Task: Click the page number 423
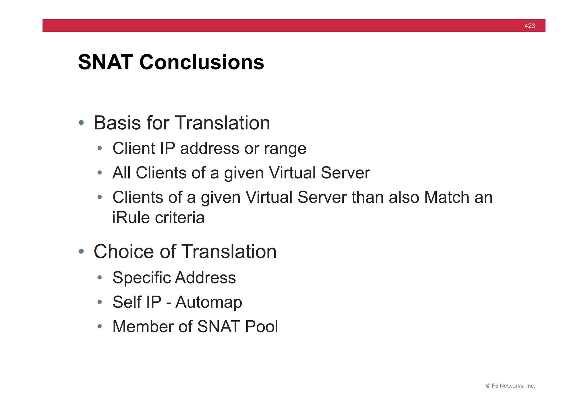(529, 26)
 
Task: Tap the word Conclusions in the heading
(202, 62)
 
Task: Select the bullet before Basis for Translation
(81, 123)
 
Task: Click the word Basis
(117, 123)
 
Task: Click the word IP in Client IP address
(167, 148)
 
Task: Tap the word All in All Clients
(121, 173)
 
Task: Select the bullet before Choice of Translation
(81, 252)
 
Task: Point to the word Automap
(209, 302)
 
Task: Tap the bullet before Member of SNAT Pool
(100, 327)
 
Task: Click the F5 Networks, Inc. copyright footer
(510, 386)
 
